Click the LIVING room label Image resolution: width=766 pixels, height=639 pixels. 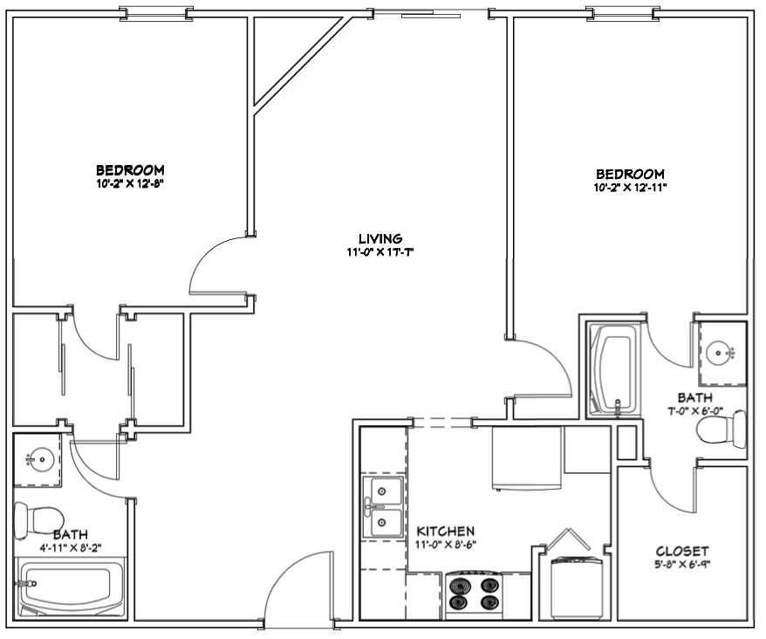[380, 238]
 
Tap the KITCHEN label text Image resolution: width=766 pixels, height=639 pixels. [445, 531]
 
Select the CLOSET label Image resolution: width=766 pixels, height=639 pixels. [681, 552]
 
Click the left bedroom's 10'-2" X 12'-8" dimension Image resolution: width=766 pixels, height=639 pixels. [129, 184]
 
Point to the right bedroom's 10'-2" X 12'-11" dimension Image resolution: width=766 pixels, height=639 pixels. [630, 188]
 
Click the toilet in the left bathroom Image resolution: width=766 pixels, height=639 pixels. [38, 520]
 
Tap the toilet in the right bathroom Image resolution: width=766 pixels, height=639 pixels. [722, 429]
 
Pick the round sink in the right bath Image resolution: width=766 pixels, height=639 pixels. [720, 353]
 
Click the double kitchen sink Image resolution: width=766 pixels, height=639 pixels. [382, 508]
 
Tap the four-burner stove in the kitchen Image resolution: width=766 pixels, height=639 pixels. [475, 594]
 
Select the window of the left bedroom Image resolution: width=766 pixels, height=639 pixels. [156, 13]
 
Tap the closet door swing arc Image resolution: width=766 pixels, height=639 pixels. [670, 496]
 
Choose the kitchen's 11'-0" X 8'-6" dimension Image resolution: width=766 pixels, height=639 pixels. [446, 544]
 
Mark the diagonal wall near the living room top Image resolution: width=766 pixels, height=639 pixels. [301, 62]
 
